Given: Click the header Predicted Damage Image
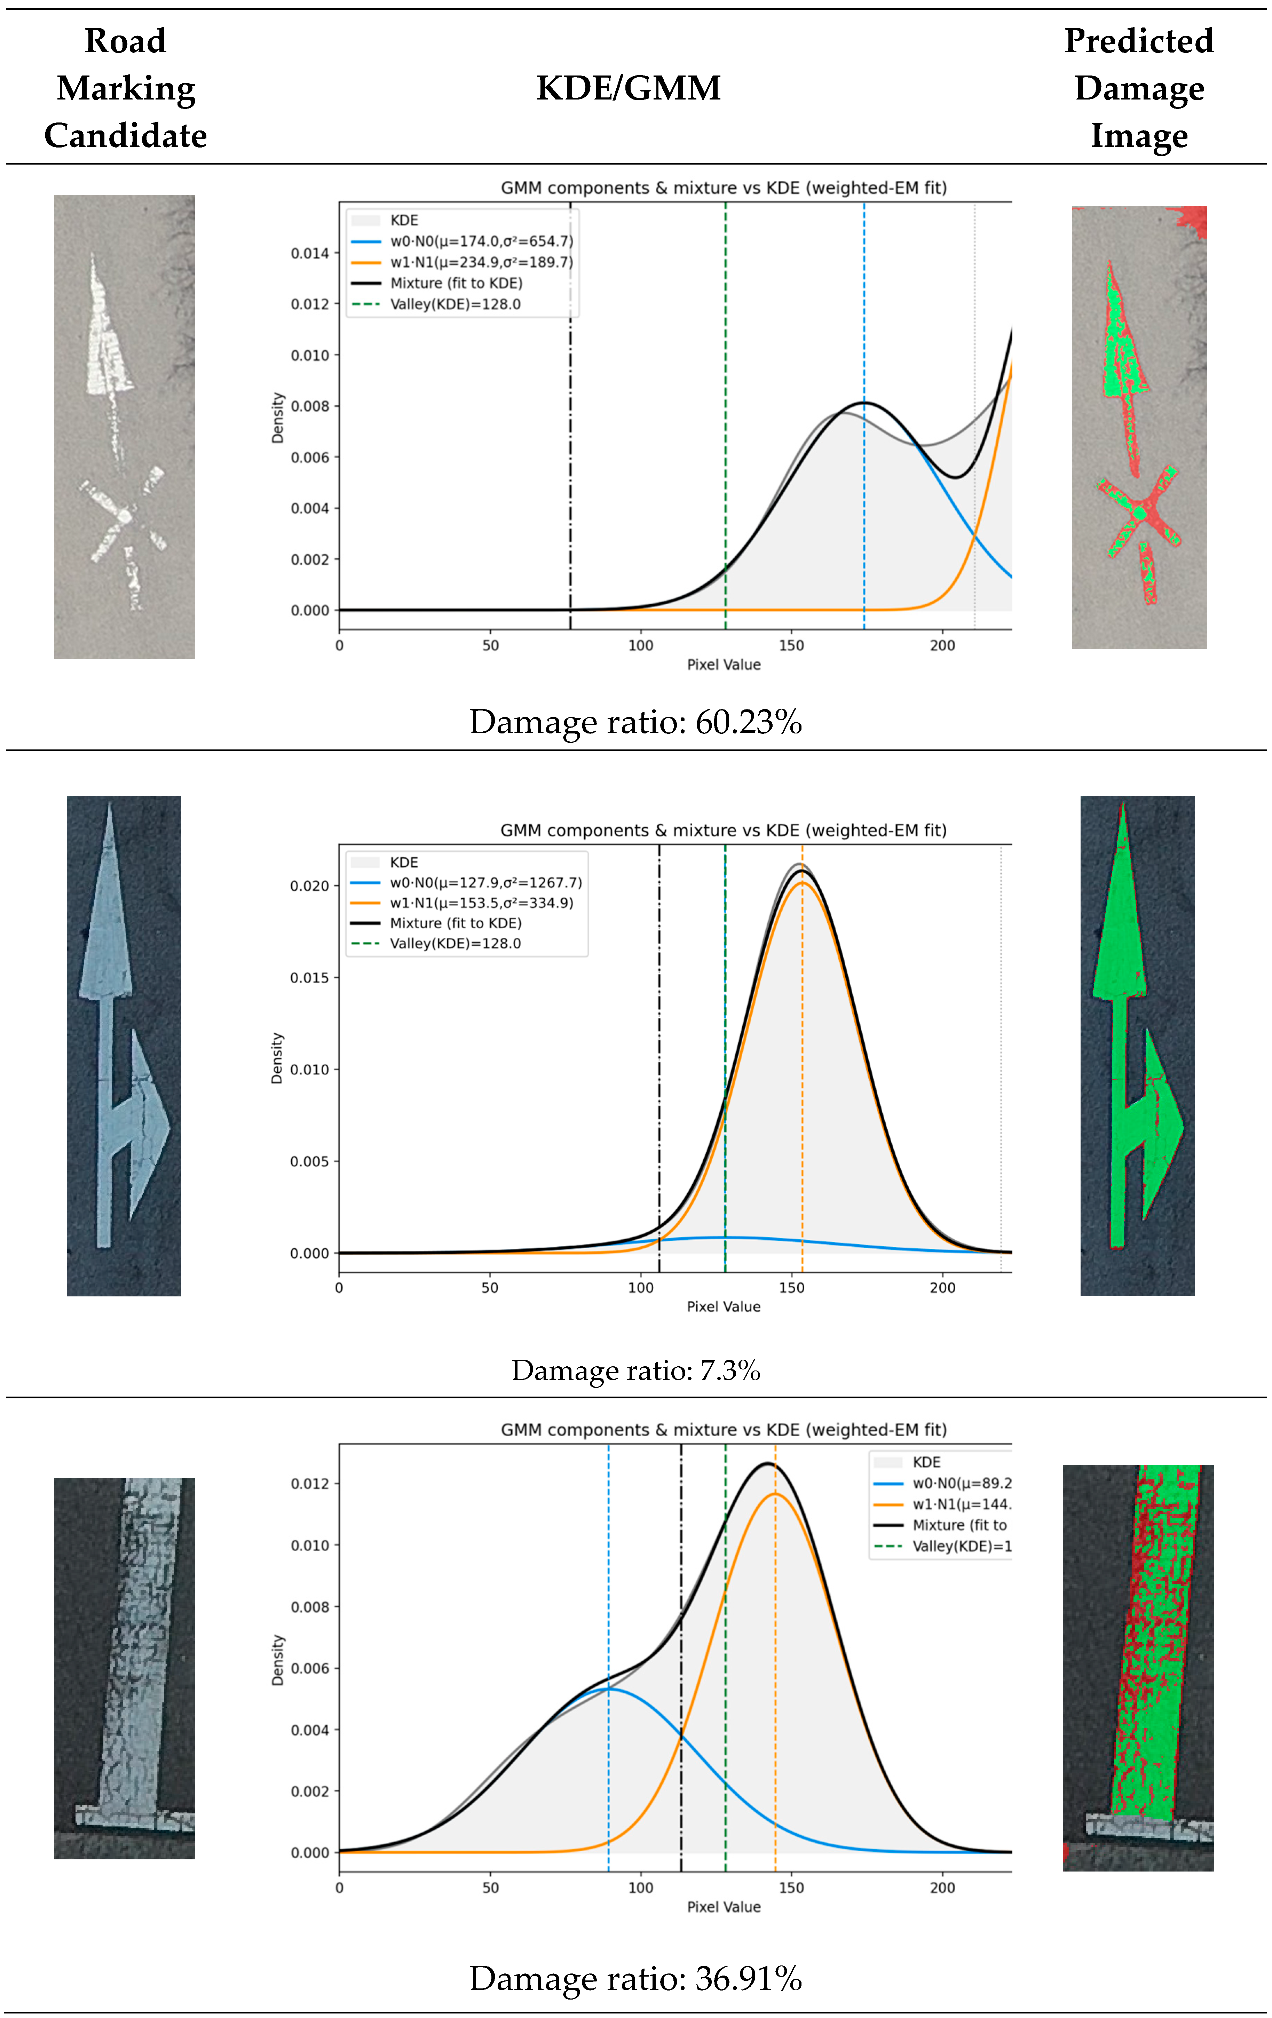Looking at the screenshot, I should [1139, 88].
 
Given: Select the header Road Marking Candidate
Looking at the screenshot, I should [126, 88].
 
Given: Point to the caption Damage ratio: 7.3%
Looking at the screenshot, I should [635, 1370].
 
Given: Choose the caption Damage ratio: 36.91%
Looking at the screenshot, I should [635, 1978].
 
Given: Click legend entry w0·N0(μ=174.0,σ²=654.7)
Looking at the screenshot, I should [481, 241].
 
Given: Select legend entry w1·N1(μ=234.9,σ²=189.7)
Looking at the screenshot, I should [481, 262].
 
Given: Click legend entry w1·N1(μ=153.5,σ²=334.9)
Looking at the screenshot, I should [481, 903].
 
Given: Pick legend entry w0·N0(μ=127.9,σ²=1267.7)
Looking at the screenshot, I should [485, 882].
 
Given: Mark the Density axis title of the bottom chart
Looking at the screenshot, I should [277, 1659].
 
